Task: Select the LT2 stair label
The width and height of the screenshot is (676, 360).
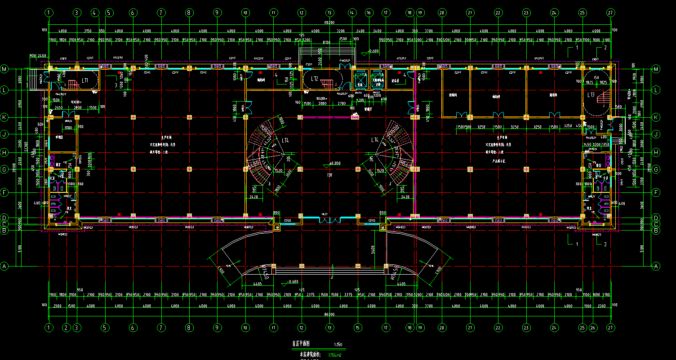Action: click(x=314, y=79)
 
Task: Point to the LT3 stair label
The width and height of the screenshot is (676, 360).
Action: click(x=591, y=95)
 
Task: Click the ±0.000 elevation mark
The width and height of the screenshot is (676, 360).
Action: click(x=335, y=163)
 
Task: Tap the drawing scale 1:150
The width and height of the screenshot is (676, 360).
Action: click(x=338, y=345)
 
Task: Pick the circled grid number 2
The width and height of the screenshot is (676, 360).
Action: click(x=67, y=327)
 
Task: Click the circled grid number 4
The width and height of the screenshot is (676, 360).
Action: click(x=94, y=13)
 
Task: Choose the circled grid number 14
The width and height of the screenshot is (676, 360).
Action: click(x=352, y=13)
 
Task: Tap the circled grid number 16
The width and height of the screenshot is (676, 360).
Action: click(x=369, y=13)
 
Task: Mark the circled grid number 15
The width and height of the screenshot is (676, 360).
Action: click(x=358, y=327)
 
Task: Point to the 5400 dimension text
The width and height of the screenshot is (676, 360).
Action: click(x=373, y=249)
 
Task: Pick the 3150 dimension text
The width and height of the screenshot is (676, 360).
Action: click(x=88, y=31)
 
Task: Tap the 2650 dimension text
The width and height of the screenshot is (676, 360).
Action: click(x=58, y=108)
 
